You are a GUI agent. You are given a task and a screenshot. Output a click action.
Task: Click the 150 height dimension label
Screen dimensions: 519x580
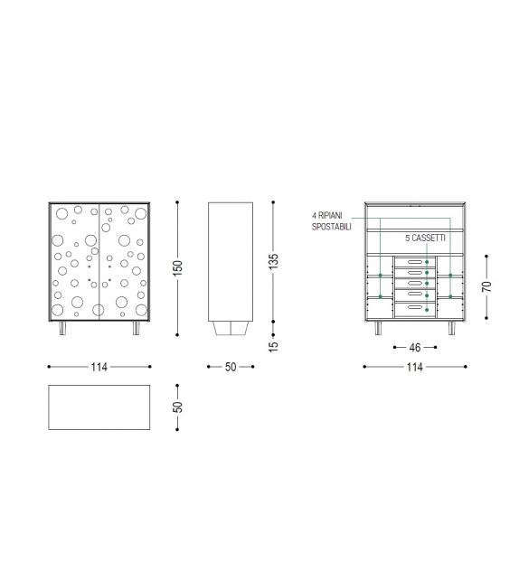[178, 268]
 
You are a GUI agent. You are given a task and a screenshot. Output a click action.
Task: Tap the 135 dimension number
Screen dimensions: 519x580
[273, 261]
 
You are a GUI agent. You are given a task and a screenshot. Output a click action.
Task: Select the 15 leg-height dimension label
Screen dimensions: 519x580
[273, 346]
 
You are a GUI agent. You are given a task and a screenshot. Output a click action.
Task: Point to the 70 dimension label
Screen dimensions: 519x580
[486, 286]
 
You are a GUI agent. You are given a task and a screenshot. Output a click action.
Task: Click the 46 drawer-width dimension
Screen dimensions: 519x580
[415, 347]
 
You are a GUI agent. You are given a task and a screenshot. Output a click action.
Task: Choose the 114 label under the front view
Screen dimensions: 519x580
[99, 367]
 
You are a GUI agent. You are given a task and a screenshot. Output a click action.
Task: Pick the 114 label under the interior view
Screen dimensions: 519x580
[415, 367]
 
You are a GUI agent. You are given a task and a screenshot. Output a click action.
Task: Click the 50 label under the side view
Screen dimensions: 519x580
[231, 367]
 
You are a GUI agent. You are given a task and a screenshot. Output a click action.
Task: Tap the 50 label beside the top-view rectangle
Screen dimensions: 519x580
[178, 407]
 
